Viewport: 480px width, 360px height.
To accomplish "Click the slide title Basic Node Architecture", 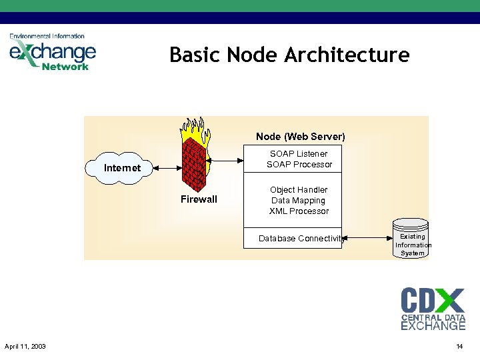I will coord(289,55).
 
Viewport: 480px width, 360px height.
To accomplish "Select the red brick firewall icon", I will coord(194,167).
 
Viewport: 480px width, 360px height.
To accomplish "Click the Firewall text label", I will coord(199,199).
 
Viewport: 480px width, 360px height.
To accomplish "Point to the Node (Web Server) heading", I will coord(300,137).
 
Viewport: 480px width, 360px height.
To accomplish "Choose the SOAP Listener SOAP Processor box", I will coord(299,159).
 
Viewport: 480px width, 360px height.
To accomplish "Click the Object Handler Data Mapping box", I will coord(299,200).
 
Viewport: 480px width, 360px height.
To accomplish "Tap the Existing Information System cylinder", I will coord(413,240).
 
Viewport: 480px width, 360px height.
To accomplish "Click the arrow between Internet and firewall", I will coord(167,168).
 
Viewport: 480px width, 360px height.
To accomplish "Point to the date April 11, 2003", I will coord(25,346).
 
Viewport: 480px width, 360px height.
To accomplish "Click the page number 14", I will coord(459,346).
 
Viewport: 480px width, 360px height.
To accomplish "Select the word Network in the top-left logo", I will coord(65,66).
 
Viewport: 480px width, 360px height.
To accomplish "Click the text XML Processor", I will coord(299,211).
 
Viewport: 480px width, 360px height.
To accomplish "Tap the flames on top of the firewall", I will coord(194,129).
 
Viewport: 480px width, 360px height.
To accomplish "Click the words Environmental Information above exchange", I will coord(47,36).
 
